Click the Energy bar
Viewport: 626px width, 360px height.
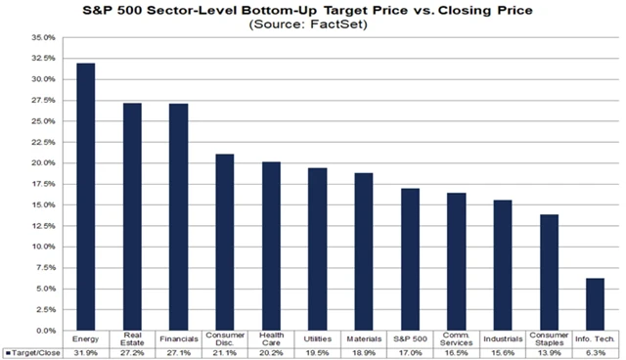[85, 197]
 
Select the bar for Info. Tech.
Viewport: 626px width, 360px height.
[594, 304]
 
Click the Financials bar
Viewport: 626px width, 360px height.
[178, 217]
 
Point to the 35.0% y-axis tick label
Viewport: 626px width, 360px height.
[42, 37]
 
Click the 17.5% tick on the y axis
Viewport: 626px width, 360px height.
[42, 184]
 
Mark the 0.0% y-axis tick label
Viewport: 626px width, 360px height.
[44, 331]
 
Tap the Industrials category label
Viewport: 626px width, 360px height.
[502, 338]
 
